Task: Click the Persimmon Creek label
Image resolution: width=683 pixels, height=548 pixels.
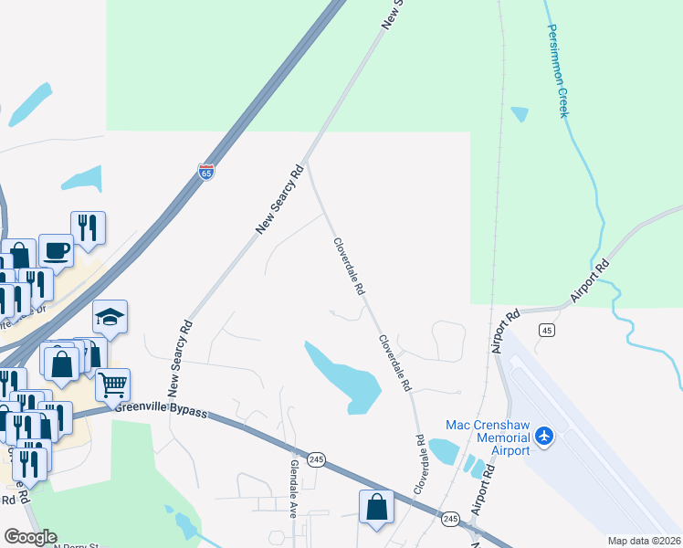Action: pos(557,69)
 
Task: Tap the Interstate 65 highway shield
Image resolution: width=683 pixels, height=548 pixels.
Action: pos(206,172)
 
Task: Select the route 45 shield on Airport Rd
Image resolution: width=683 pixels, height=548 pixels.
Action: pos(546,329)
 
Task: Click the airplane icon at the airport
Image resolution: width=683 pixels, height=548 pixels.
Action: pos(546,436)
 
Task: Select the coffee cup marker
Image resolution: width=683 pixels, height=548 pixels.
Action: pos(56,249)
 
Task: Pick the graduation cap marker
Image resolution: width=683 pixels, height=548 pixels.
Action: pos(110,316)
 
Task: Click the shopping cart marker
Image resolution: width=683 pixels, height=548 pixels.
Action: pos(112,385)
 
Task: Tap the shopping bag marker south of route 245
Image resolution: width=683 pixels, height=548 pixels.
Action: pos(376,506)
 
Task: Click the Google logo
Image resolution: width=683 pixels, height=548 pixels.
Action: pos(30,537)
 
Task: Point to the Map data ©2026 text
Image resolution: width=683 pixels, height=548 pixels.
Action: pos(644,541)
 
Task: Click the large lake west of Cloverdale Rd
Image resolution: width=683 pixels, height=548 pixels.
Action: pos(344,375)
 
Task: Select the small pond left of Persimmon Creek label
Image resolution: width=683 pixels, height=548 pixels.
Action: pos(520,114)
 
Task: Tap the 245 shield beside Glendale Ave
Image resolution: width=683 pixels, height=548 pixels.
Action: pos(317,459)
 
